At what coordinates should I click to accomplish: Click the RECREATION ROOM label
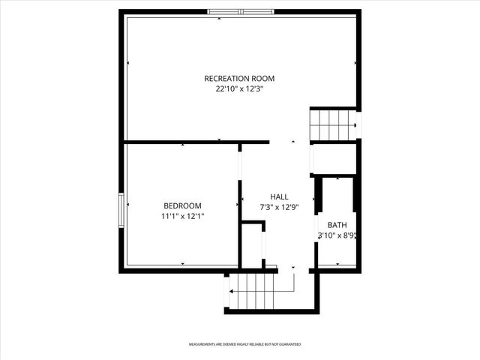(x=239, y=78)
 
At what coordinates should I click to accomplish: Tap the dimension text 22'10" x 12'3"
(x=239, y=88)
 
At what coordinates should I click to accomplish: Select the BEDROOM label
(x=182, y=205)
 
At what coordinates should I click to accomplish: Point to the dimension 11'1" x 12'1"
(x=182, y=216)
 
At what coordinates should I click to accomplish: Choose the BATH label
(x=337, y=224)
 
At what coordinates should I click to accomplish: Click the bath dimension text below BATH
(x=336, y=235)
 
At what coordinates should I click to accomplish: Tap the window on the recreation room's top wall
(x=240, y=12)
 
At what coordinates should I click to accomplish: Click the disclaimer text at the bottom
(x=244, y=344)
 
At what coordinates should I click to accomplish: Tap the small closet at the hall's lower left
(x=252, y=244)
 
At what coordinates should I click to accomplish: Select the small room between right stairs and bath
(x=334, y=159)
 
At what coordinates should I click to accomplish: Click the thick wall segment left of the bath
(x=318, y=193)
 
